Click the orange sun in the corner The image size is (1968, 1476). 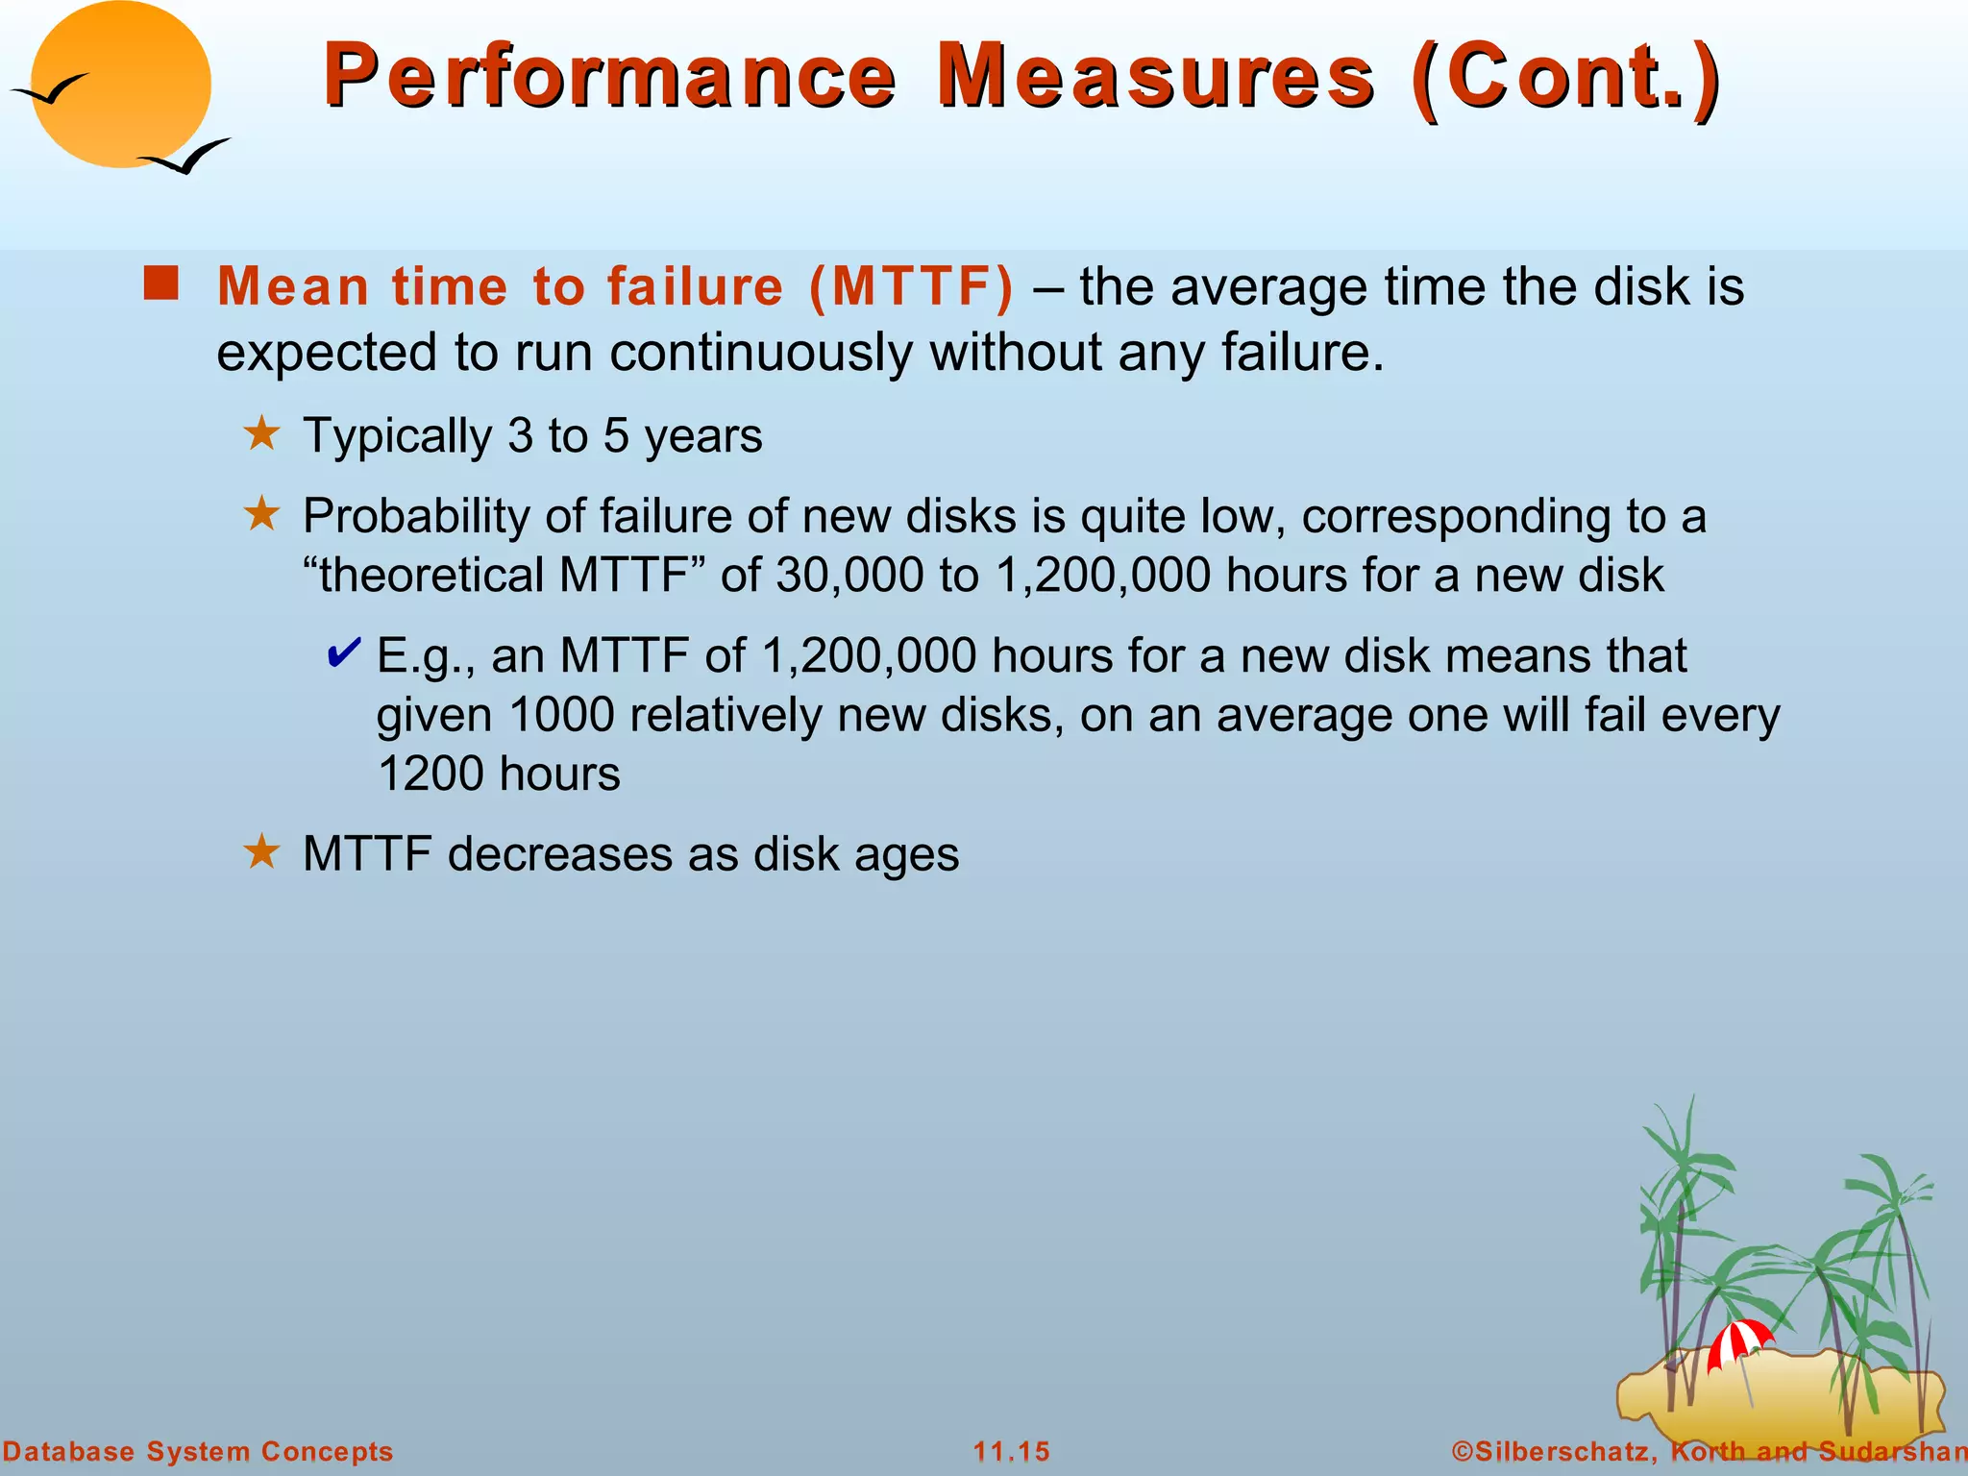pos(121,85)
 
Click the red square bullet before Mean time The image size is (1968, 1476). pos(161,284)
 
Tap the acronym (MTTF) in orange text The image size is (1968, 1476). pos(911,286)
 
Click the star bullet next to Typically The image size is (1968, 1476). pos(261,434)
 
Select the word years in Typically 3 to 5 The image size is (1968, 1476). pos(703,436)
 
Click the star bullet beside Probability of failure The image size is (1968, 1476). pos(261,514)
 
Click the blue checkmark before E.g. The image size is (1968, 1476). pos(343,653)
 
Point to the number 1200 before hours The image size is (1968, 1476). pos(430,775)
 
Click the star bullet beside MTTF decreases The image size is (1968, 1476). pos(261,851)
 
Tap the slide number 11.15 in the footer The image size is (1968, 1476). pos(1011,1451)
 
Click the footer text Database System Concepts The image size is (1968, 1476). pos(198,1451)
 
